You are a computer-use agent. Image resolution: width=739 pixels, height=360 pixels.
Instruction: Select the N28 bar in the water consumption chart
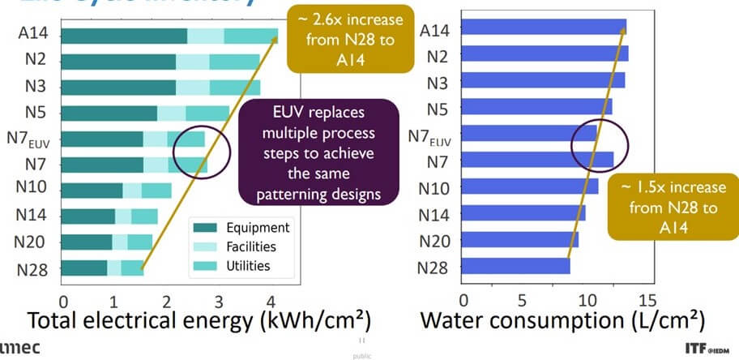[x=515, y=266]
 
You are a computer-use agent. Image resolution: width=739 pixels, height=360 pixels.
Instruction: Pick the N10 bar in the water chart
[x=530, y=187]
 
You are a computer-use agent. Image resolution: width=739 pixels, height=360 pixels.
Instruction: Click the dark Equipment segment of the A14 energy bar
[x=124, y=36]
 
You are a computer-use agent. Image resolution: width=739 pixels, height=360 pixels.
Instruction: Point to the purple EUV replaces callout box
[x=320, y=152]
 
